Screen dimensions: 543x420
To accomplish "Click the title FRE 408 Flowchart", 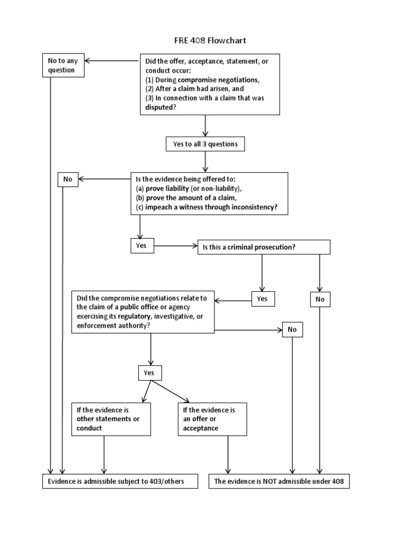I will pyautogui.click(x=211, y=40).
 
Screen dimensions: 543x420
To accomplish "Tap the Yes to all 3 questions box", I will pyautogui.click(x=205, y=144).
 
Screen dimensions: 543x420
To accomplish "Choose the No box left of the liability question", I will pyautogui.click(x=68, y=179).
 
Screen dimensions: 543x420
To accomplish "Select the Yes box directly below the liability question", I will pyautogui.click(x=141, y=246).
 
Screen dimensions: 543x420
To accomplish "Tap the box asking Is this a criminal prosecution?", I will pyautogui.click(x=264, y=247).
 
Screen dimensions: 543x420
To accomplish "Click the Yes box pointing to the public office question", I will pyautogui.click(x=262, y=299).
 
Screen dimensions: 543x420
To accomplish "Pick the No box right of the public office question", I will pyautogui.click(x=292, y=330).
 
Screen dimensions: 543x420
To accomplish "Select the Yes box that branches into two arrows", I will pyautogui.click(x=149, y=373).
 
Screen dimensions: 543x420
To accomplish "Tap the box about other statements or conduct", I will pyautogui.click(x=111, y=419).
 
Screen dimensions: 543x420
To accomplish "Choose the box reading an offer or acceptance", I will pyautogui.click(x=212, y=419).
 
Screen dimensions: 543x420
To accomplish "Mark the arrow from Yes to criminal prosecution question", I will pyautogui.click(x=175, y=246).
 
